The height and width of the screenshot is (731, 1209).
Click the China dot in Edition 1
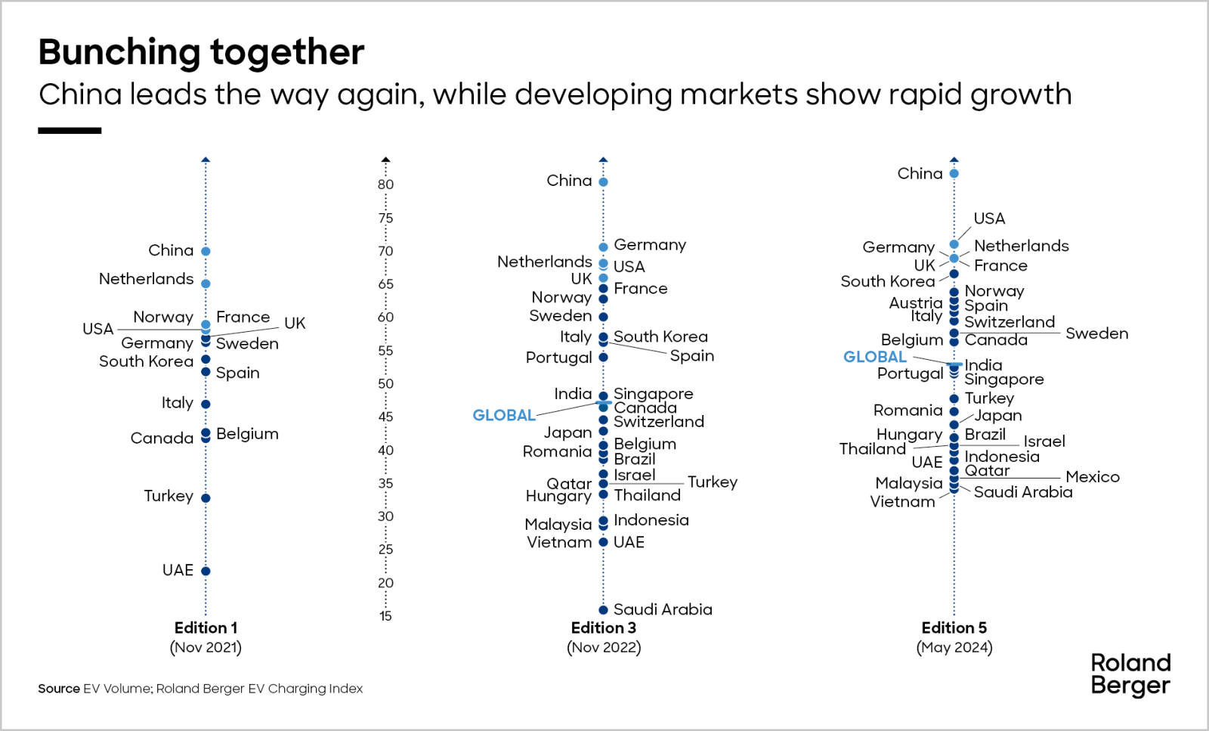point(206,251)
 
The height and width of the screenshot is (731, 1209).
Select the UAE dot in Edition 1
point(206,571)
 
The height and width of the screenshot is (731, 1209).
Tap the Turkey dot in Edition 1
point(206,497)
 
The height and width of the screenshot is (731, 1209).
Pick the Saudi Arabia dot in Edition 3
point(603,610)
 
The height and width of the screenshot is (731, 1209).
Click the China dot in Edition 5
point(954,174)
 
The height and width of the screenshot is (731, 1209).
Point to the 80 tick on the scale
point(385,184)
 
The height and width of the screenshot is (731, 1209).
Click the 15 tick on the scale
point(385,616)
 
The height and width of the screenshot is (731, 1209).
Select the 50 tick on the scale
point(385,384)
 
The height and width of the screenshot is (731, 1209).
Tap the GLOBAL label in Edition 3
point(503,415)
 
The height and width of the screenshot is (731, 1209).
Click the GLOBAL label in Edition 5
point(874,357)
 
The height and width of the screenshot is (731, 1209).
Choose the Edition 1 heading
point(206,627)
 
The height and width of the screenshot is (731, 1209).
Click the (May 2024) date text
point(954,647)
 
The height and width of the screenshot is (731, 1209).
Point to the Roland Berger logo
point(1130,674)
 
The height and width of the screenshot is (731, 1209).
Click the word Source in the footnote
point(59,689)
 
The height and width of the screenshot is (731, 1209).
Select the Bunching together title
point(201,52)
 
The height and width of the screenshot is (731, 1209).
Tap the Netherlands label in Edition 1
point(146,279)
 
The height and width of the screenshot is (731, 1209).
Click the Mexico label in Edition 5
point(1093,477)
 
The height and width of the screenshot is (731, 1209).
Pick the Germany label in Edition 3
point(650,245)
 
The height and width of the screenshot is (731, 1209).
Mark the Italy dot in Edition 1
point(206,404)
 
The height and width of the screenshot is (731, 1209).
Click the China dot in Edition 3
point(603,182)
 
